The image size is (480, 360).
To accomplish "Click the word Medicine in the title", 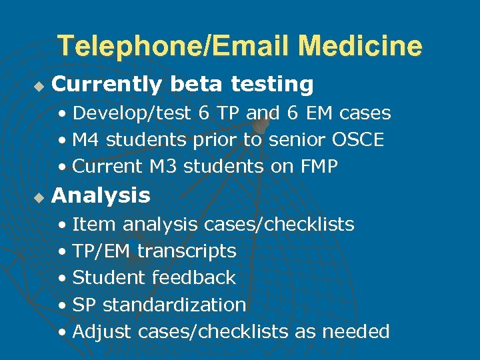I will tap(360, 46).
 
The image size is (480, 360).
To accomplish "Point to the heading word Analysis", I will tap(101, 196).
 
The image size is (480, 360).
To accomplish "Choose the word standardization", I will tap(174, 305).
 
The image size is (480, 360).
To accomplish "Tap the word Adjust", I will tap(102, 331).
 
